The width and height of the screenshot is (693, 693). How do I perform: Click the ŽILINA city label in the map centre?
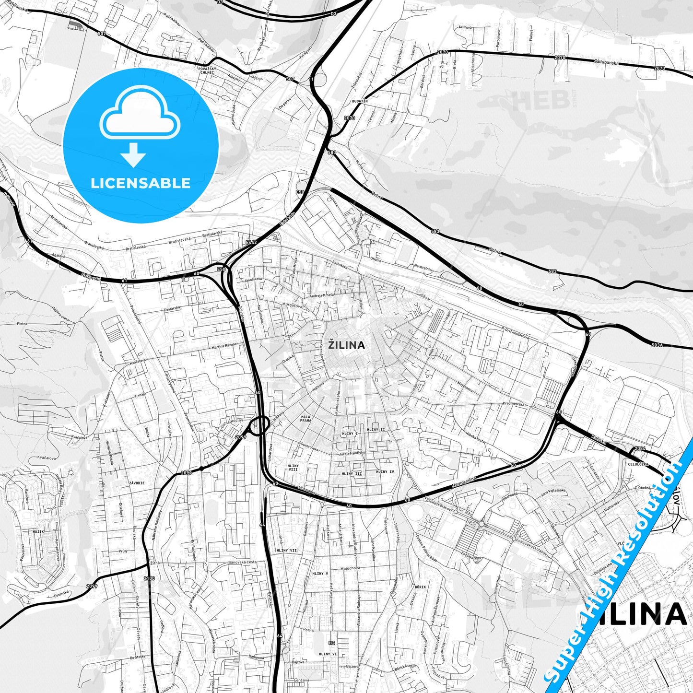coord(346,345)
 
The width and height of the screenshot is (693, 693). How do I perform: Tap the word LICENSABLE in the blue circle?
coord(141,183)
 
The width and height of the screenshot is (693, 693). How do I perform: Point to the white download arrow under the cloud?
coord(133,154)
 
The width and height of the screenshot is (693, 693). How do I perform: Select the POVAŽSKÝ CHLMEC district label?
coord(207,71)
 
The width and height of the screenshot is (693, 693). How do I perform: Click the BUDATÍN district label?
coord(359,102)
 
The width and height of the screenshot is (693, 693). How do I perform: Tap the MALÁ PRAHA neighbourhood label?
coord(306,419)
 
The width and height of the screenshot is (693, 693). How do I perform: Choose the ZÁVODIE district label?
coord(137,483)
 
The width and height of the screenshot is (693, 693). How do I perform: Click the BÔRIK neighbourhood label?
coord(420,587)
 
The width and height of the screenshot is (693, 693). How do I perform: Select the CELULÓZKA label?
coord(638,464)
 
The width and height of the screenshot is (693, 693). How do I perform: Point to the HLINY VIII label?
coord(293,468)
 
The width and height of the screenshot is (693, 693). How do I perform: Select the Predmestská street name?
coord(513,404)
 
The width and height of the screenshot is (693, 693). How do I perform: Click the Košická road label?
coord(599,438)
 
